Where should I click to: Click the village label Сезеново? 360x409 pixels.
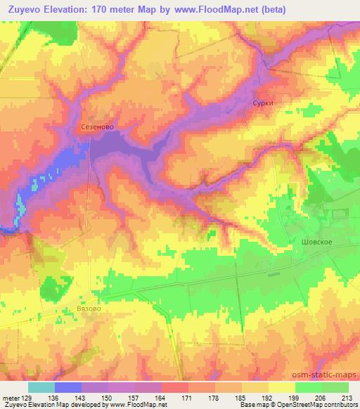pos(97,127)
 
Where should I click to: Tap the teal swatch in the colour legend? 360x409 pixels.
pos(41,387)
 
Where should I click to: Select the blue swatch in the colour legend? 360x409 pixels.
pos(68,387)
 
